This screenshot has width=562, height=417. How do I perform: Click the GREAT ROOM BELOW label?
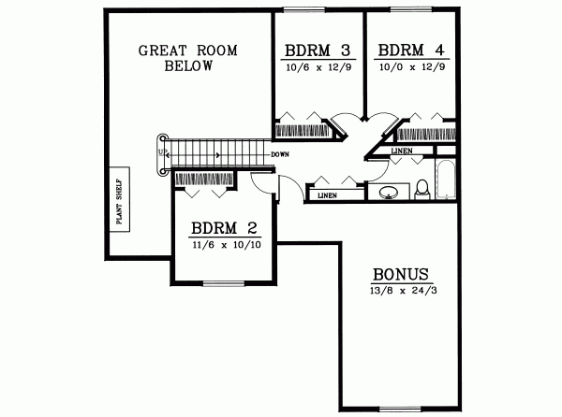pos(176,58)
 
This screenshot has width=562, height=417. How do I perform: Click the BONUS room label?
pos(401,275)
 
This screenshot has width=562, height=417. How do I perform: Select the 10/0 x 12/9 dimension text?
pos(406,67)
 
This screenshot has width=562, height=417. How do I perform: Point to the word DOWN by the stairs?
pos(279,153)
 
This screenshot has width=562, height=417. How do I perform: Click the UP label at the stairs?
pos(161,151)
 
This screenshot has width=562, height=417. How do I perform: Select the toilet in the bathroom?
pos(422,188)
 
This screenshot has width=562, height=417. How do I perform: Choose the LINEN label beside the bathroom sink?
pos(327,195)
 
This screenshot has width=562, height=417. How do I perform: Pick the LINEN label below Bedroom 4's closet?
pos(400,151)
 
